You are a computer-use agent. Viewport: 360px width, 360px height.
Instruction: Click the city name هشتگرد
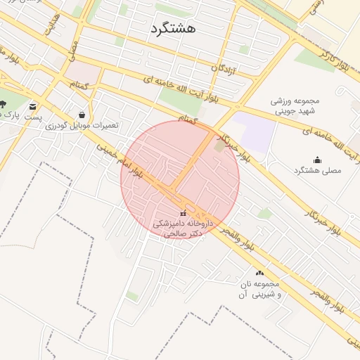[x=172, y=29]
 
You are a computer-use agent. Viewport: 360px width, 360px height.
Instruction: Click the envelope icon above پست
[x=32, y=106]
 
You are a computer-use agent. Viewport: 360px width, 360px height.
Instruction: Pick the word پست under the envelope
[x=34, y=117]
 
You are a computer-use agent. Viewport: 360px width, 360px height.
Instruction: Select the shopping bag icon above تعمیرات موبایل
[x=82, y=114]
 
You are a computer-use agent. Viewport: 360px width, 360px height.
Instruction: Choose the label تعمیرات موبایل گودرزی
[x=82, y=125]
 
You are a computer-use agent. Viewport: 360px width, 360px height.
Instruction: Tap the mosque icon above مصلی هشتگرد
[x=317, y=160]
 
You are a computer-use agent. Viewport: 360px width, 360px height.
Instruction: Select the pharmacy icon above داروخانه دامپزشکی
[x=183, y=213]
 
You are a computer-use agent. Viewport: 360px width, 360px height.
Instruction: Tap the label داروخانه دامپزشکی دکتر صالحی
[x=179, y=228]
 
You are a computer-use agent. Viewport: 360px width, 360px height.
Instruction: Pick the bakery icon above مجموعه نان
[x=259, y=273]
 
